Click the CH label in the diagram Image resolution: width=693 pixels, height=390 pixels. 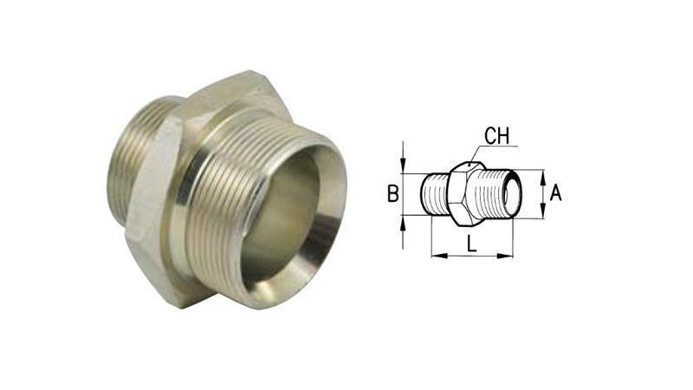click(x=496, y=136)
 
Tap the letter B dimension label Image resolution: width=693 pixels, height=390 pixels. click(x=392, y=195)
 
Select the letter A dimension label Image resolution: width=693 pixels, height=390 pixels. click(x=556, y=192)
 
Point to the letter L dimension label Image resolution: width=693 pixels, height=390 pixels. click(x=471, y=244)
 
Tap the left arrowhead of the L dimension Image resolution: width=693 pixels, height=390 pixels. click(x=436, y=256)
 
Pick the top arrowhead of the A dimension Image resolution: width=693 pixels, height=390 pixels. click(x=542, y=175)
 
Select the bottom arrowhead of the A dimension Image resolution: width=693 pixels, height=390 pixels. click(x=542, y=213)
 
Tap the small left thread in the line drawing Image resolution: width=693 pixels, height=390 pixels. click(x=435, y=194)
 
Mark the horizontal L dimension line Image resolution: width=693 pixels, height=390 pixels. click(x=472, y=256)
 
